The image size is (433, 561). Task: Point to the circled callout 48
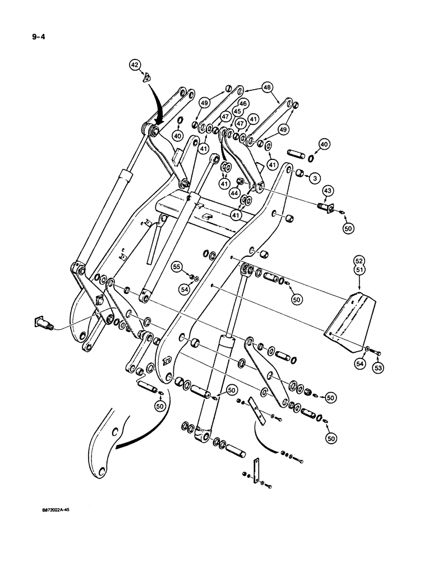point(268,88)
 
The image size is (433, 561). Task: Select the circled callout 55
point(192,268)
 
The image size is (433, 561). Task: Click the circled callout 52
point(358,260)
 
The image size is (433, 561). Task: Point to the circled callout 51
point(358,269)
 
